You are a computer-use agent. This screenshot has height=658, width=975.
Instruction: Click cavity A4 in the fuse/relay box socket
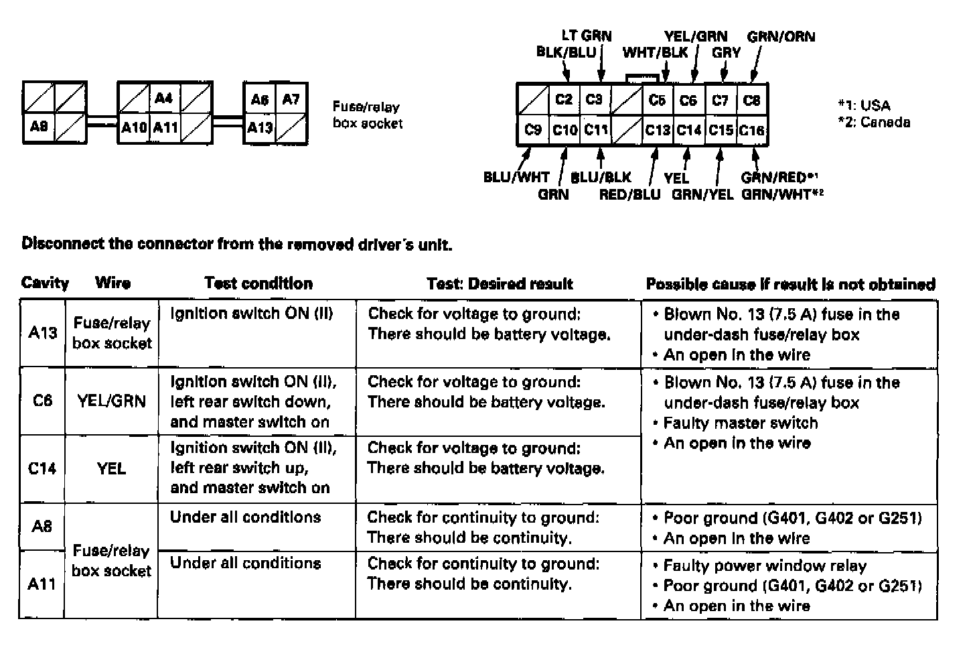click(x=163, y=98)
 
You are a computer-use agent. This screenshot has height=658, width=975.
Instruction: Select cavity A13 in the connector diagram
click(x=260, y=127)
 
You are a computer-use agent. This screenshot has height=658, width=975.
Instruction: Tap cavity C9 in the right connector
click(x=532, y=129)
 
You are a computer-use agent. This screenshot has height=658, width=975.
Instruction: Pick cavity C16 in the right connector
click(x=751, y=130)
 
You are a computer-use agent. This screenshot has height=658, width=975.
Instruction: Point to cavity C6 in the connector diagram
click(x=688, y=100)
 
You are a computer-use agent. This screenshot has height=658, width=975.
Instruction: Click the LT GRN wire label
click(x=586, y=36)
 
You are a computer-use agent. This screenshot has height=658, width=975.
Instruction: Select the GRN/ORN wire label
click(x=781, y=36)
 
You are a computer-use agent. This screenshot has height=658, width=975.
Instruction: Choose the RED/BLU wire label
click(x=629, y=194)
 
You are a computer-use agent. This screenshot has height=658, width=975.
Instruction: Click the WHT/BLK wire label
click(x=655, y=52)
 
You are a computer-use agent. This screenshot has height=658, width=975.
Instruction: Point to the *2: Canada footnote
click(x=874, y=123)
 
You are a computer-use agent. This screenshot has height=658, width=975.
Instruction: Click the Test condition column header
click(x=258, y=283)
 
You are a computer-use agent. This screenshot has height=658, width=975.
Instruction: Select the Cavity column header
click(x=45, y=283)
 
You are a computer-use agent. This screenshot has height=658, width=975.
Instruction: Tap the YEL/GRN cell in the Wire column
click(x=111, y=401)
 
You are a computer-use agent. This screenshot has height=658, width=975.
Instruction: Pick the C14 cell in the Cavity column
click(x=42, y=468)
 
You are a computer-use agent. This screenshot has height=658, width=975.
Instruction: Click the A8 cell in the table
click(x=42, y=526)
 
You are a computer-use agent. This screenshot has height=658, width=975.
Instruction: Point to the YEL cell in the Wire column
click(x=111, y=468)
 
